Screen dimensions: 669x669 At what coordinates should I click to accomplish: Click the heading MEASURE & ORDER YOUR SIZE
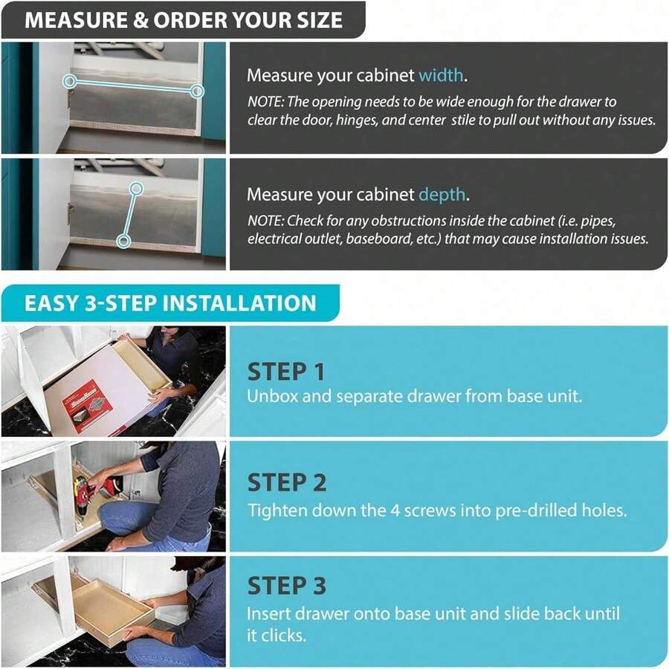tap(184, 19)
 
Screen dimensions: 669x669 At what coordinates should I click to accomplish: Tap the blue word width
tap(442, 75)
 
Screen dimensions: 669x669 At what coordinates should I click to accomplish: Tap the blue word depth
tap(443, 195)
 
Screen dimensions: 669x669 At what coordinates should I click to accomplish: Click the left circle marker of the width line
tap(69, 80)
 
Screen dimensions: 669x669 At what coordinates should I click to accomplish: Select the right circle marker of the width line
tap(196, 91)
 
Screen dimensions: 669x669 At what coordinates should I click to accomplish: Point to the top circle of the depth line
tap(136, 188)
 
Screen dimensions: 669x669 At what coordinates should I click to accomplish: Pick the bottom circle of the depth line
tap(124, 240)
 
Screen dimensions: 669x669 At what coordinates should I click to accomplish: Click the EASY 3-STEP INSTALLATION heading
tap(170, 303)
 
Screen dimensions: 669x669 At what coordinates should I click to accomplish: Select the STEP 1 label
tap(286, 372)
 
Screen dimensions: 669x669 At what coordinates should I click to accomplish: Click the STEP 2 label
tap(287, 483)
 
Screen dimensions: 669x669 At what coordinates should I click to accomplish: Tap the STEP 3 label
tap(287, 586)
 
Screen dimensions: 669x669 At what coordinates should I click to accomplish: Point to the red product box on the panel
tap(87, 406)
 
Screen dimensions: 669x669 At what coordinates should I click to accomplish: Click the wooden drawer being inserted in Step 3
tap(111, 607)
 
